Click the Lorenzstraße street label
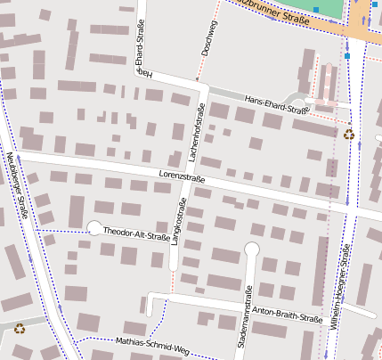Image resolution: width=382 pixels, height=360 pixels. (182, 176)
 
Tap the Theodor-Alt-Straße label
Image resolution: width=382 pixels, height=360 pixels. (136, 233)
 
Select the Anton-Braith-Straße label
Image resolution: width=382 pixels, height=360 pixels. (287, 314)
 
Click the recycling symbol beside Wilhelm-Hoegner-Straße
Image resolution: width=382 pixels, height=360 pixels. (348, 135)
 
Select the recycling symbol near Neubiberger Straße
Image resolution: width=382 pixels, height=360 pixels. (20, 328)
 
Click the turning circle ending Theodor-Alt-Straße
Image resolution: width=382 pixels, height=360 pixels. (94, 227)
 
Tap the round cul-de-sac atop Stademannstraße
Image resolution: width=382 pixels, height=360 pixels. (252, 249)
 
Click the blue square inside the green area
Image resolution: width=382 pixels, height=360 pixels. (315, 9)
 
